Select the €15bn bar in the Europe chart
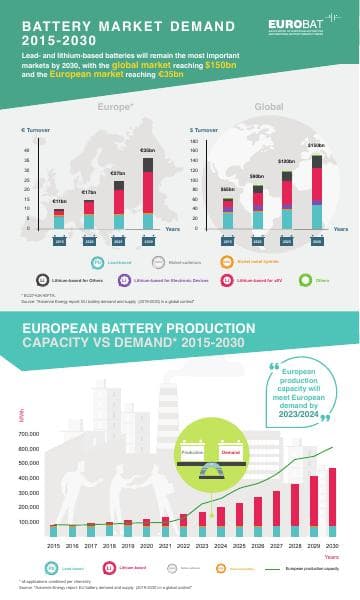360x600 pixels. click(59, 219)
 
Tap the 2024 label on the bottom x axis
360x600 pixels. click(220, 546)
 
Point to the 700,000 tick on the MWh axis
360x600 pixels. click(30, 434)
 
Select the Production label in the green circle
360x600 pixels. click(193, 452)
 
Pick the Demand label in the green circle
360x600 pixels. click(231, 452)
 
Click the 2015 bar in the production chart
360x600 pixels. click(54, 531)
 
